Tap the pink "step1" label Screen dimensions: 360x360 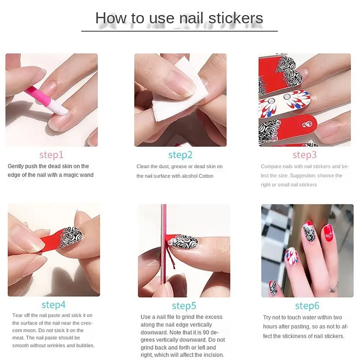click(51, 155)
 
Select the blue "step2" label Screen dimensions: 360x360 click(180, 155)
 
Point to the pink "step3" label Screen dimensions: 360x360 click(305, 155)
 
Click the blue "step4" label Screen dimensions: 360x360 click(54, 305)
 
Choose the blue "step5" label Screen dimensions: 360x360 click(184, 306)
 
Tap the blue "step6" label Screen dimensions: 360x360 click(307, 306)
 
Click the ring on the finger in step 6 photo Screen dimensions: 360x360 click(334, 287)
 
